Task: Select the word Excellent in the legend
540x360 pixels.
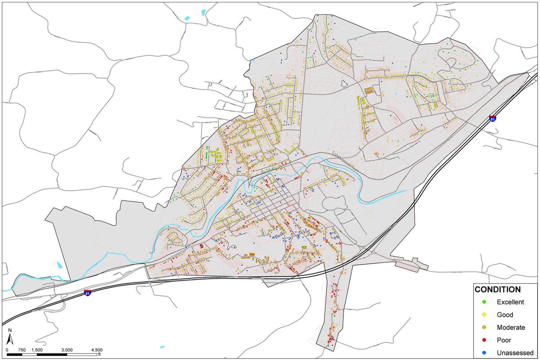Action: coord(510,302)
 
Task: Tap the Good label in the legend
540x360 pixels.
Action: coord(504,315)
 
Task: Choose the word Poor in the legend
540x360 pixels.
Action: coord(504,340)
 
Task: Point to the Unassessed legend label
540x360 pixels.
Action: coord(515,352)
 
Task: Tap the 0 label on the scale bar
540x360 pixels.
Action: coord(7,350)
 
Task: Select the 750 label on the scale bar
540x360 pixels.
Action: coord(21,350)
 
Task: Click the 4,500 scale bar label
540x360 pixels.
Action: coord(96,350)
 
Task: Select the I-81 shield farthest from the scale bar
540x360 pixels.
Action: coord(493,118)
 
